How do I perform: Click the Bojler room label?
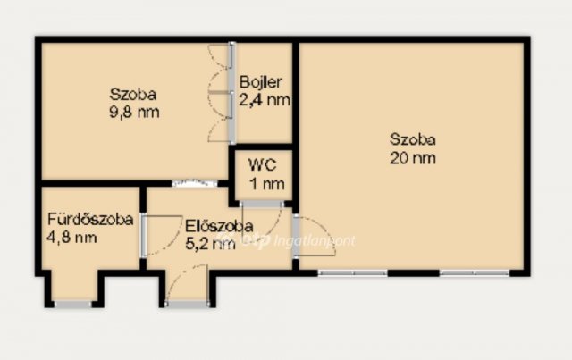[261, 82]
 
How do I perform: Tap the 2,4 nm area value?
[265, 99]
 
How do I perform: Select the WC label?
[263, 165]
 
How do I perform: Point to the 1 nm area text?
[267, 183]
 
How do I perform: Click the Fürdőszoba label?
[90, 219]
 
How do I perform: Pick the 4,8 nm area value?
[71, 238]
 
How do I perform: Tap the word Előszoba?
[219, 226]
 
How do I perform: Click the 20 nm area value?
[413, 158]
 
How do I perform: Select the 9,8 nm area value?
[134, 112]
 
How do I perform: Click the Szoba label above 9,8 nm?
[133, 94]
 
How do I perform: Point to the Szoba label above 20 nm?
[413, 139]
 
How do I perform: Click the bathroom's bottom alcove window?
[72, 304]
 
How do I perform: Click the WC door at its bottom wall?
[262, 204]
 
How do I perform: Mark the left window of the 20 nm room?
[352, 272]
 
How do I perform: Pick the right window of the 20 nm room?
[475, 272]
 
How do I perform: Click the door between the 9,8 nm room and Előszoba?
[195, 183]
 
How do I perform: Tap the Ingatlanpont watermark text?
[314, 240]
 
